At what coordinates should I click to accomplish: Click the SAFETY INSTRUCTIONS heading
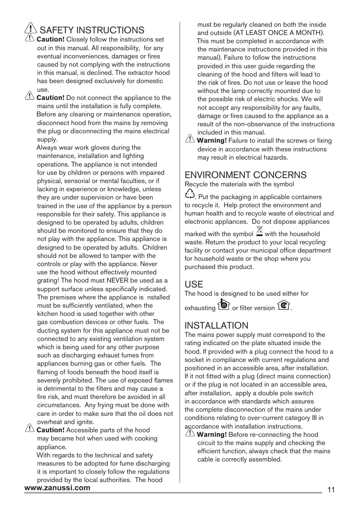[x=92, y=30]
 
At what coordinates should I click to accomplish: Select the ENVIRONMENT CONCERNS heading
[x=246, y=175]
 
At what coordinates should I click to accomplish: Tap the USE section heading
[x=194, y=285]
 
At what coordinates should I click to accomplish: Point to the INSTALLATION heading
[x=216, y=326]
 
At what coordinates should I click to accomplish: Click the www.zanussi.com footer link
[x=57, y=488]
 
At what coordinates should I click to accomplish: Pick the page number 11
[x=332, y=490]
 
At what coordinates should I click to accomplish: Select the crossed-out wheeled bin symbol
[x=259, y=232]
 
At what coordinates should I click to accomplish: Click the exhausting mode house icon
[x=223, y=305]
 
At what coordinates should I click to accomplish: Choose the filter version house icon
[x=283, y=306]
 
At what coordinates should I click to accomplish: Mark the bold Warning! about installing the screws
[x=212, y=141]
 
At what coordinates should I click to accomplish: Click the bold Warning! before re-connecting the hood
[x=212, y=435]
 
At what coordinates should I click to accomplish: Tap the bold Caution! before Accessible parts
[x=51, y=430]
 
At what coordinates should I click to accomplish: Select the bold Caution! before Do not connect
[x=51, y=98]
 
